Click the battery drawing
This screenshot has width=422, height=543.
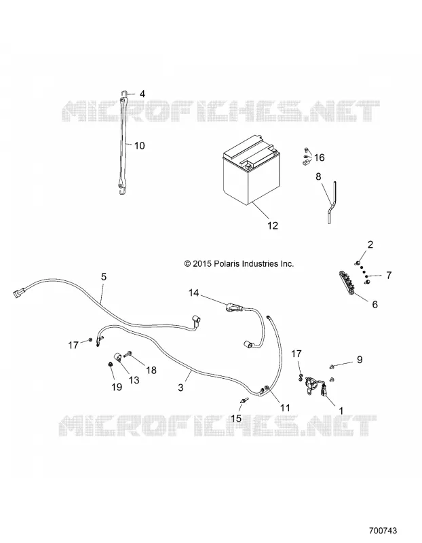pyautogui.click(x=252, y=170)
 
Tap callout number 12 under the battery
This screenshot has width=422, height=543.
pyautogui.click(x=273, y=225)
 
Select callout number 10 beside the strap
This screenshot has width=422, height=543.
pyautogui.click(x=139, y=146)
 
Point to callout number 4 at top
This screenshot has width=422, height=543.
pyautogui.click(x=142, y=94)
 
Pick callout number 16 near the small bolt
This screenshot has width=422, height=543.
pyautogui.click(x=319, y=157)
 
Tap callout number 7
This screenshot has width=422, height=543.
pyautogui.click(x=389, y=276)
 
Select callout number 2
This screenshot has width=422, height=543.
pyautogui.click(x=370, y=244)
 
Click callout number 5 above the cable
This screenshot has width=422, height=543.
pyautogui.click(x=104, y=277)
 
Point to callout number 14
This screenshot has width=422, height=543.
pyautogui.click(x=193, y=293)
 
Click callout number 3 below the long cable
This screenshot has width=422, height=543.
pyautogui.click(x=180, y=388)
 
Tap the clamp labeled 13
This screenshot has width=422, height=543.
pyautogui.click(x=117, y=358)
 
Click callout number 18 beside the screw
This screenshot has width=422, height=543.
pyautogui.click(x=151, y=370)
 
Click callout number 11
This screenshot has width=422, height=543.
pyautogui.click(x=285, y=408)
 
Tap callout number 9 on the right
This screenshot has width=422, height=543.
pyautogui.click(x=360, y=360)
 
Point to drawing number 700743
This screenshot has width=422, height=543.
pyautogui.click(x=383, y=531)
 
